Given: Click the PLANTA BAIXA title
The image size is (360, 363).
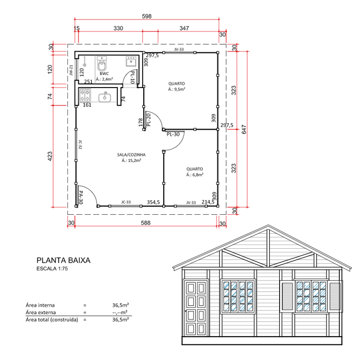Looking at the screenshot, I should [x=63, y=261].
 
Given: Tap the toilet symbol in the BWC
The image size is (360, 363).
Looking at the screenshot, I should [x=101, y=66].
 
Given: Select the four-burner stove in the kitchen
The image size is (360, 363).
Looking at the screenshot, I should [x=85, y=95].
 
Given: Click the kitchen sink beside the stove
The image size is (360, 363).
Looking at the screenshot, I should [x=106, y=96].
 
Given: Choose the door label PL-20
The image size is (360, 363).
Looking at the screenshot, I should [x=148, y=119].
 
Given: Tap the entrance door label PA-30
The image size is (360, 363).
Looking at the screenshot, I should [x=80, y=198].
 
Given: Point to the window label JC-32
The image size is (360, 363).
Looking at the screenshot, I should [x=80, y=145].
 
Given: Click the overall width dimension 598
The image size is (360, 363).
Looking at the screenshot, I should [x=147, y=16].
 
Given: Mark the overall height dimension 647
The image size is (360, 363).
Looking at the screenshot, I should [x=245, y=130].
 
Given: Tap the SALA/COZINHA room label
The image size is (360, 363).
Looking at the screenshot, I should [x=132, y=154].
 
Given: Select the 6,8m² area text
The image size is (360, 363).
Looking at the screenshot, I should [x=195, y=175].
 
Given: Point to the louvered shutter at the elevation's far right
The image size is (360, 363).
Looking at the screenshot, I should [x=336, y=297].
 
